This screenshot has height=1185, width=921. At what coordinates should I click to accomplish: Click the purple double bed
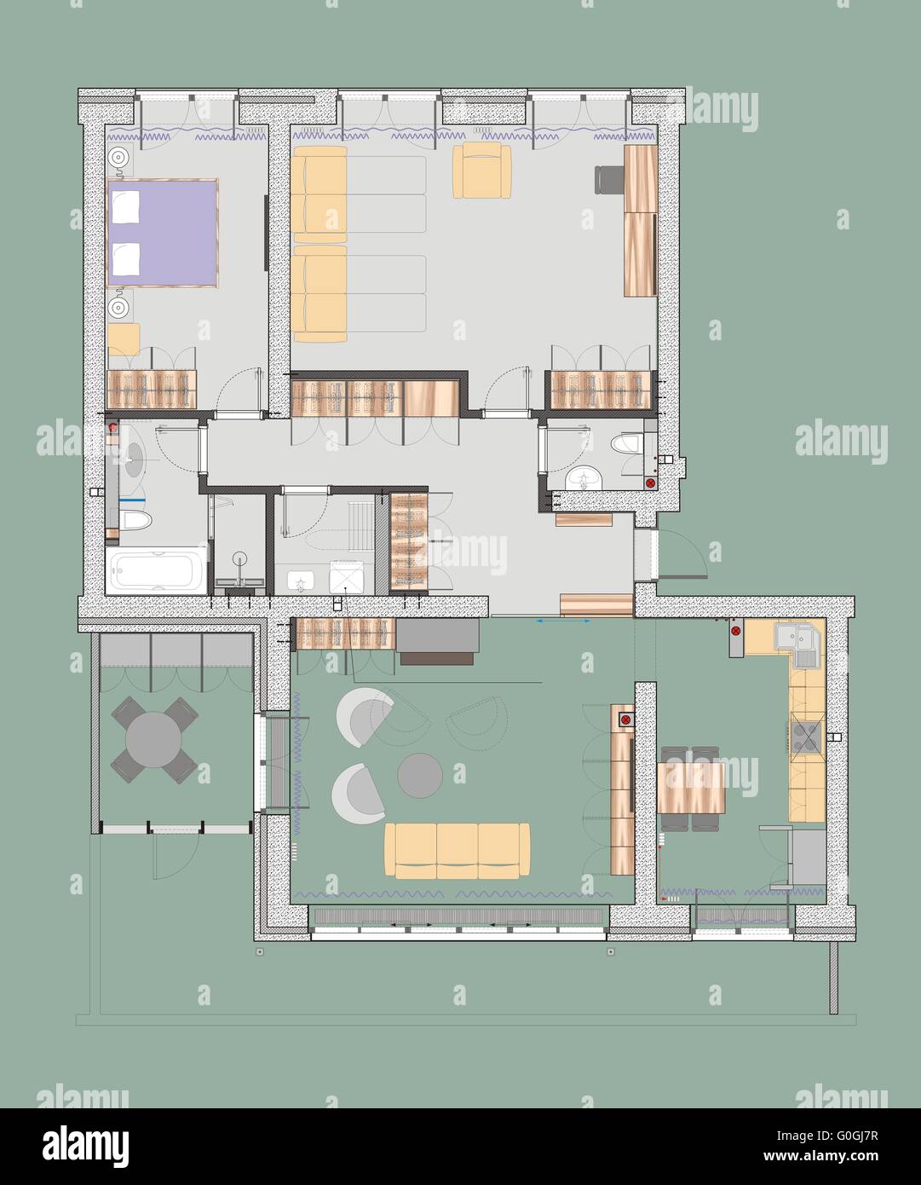(163, 232)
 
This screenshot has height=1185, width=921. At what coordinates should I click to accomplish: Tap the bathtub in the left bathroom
(157, 569)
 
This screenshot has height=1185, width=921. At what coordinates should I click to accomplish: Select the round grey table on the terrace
(156, 740)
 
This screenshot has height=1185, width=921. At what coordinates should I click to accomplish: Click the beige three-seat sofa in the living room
(457, 850)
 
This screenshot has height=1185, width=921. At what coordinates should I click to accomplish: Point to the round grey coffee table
(419, 775)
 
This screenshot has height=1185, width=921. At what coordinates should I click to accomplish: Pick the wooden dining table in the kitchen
(691, 787)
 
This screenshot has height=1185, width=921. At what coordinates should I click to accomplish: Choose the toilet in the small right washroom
(628, 446)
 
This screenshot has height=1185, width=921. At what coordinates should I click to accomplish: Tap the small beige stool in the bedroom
(124, 338)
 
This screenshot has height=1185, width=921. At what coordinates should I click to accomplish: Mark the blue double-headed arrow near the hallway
(564, 622)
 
